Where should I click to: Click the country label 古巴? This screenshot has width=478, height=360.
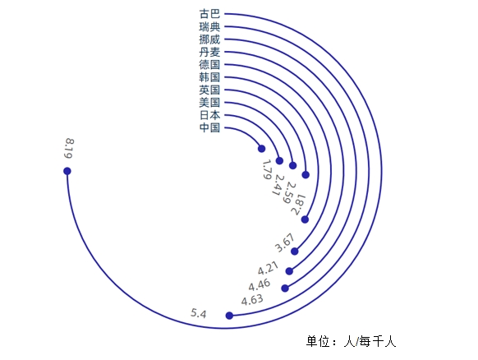[209, 14]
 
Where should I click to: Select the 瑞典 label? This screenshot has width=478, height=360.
[209, 27]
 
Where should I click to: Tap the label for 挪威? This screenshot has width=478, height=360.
[209, 39]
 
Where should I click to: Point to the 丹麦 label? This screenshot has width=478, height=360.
[209, 52]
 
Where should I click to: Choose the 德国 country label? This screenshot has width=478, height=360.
[209, 65]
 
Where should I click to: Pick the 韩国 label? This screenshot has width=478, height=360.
[209, 77]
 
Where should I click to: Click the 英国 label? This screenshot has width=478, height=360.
[209, 90]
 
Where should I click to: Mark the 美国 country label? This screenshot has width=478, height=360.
[209, 103]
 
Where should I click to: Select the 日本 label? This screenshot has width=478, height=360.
[209, 115]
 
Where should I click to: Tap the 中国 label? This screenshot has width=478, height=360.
[209, 128]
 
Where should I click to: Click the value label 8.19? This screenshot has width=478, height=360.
[69, 149]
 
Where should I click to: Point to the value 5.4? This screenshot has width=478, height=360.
[199, 313]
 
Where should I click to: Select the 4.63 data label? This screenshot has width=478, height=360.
[252, 300]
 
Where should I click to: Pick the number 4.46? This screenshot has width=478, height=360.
[259, 285]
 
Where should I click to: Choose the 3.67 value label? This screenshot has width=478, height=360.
[285, 242]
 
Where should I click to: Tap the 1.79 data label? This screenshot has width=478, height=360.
[266, 169]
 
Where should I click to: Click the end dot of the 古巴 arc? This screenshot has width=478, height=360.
[67, 171]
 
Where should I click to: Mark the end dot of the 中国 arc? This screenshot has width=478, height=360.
[261, 149]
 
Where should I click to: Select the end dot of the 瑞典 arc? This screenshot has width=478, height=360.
[229, 316]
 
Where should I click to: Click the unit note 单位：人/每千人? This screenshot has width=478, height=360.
[352, 341]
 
